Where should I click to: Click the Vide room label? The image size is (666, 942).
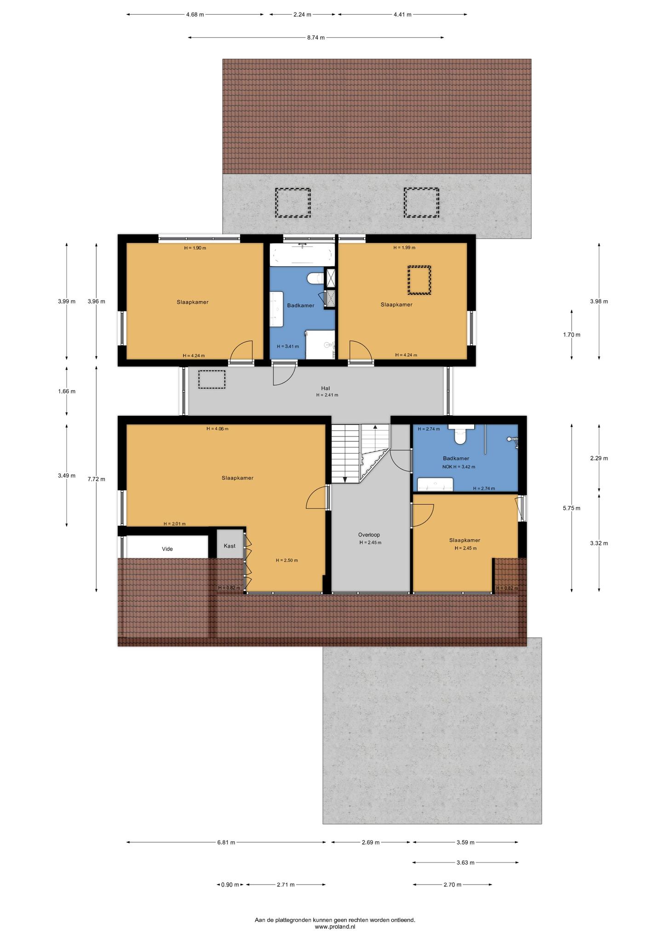click(167, 549)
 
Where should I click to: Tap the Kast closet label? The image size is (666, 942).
click(230, 546)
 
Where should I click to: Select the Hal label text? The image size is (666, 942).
click(326, 388)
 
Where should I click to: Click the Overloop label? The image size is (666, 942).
click(369, 535)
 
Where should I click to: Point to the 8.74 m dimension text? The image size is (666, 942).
click(316, 38)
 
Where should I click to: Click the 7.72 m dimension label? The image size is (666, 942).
click(96, 479)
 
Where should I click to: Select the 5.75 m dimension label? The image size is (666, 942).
click(572, 508)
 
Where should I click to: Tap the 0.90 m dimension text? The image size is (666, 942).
click(230, 885)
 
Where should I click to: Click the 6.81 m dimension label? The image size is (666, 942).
click(226, 842)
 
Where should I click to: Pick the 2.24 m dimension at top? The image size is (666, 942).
click(302, 14)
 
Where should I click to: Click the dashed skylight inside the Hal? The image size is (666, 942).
click(212, 379)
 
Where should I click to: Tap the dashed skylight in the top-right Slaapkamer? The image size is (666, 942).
click(419, 280)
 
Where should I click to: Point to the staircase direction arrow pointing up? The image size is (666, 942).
click(375, 428)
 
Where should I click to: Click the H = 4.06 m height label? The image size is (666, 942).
click(217, 429)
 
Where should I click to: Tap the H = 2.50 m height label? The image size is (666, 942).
click(287, 560)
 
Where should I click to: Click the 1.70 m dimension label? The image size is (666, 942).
click(572, 335)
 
